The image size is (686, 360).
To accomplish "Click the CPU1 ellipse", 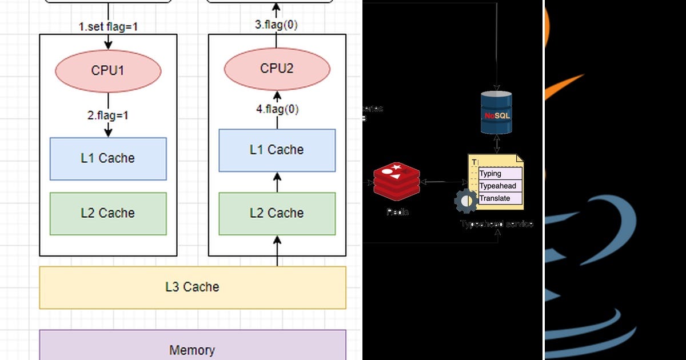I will tap(108, 71).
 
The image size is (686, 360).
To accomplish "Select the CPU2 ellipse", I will tap(277, 69).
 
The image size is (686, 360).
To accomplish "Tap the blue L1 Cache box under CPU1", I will tap(108, 158).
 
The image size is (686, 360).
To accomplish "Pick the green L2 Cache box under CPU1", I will tap(108, 213).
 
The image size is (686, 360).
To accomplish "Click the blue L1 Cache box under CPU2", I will tap(277, 150).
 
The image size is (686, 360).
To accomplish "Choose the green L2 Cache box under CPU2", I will tap(277, 213).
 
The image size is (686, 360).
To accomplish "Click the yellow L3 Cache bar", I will tap(192, 287).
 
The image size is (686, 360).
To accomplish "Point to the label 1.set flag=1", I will tap(108, 26).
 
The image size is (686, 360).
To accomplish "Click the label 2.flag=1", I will tap(108, 115).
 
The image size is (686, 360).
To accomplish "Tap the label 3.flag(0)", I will tap(277, 25).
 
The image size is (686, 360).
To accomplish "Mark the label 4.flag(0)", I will tap(277, 109).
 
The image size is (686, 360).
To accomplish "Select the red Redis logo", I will tap(396, 181).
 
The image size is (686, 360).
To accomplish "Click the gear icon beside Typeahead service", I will tap(466, 201).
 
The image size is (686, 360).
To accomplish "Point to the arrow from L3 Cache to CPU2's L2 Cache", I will tap(277, 253).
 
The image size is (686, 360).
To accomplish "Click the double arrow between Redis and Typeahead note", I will tap(443, 182).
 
